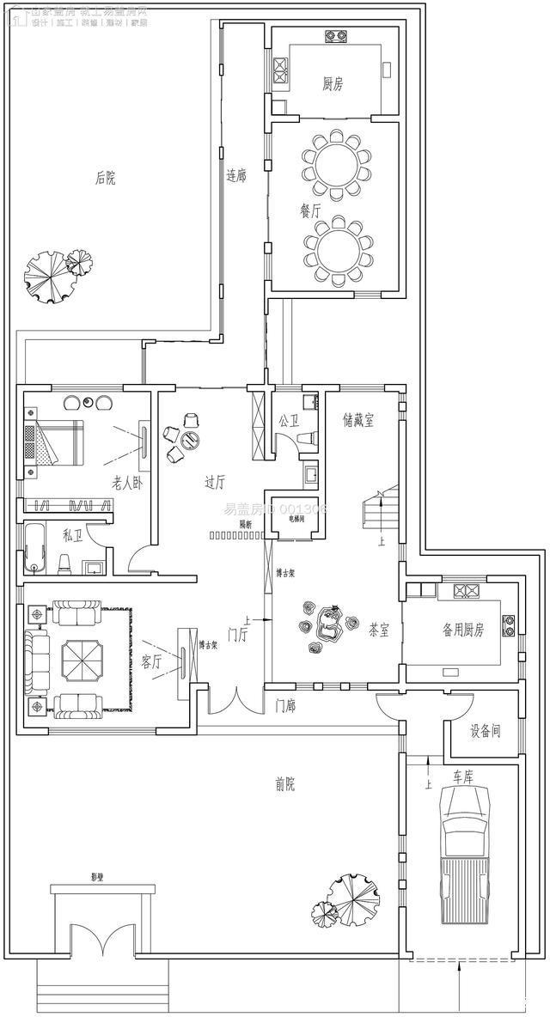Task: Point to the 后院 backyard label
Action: (105, 178)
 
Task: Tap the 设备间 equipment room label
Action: (485, 733)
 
